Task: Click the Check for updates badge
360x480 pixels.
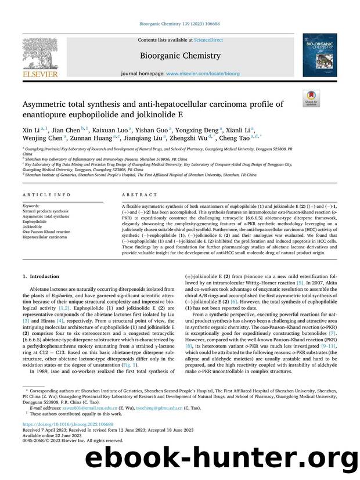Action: point(311,98)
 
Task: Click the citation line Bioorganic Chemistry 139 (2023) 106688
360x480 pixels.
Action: point(179,25)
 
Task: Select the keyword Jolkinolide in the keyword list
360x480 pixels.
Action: point(34,226)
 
